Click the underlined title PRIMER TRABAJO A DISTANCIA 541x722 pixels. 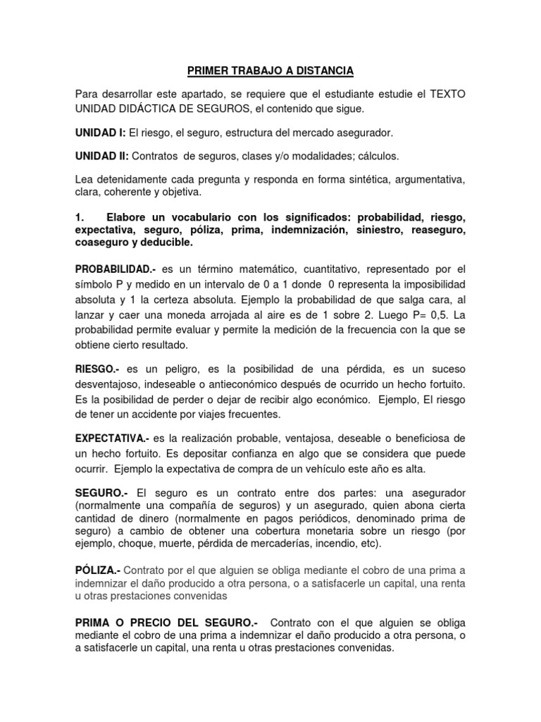point(270,71)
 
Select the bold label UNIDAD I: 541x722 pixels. point(101,133)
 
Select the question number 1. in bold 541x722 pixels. point(80,216)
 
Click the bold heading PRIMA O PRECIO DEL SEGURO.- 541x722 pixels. point(166,623)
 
